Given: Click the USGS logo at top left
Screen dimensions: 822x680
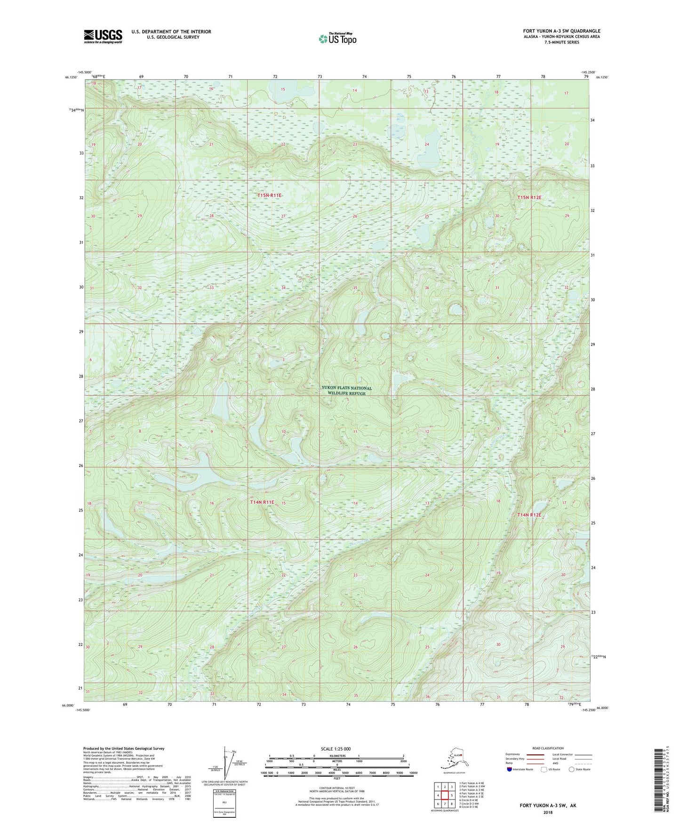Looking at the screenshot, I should (x=103, y=36).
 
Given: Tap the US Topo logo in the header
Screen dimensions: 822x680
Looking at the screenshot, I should (x=337, y=38).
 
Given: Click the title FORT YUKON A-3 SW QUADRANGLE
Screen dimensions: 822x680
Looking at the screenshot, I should (x=561, y=31).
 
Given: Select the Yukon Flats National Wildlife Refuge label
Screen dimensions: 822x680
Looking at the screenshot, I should (x=346, y=391).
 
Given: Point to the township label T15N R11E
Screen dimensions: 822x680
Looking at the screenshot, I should (x=269, y=195).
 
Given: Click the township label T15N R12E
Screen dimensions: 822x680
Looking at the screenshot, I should (x=529, y=198).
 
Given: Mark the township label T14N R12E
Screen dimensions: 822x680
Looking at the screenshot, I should (x=529, y=515).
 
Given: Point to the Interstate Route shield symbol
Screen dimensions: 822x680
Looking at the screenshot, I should (x=510, y=769).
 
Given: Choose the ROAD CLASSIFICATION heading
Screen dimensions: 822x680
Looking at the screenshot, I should (x=548, y=748).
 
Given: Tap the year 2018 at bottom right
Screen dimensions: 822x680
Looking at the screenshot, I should (x=547, y=812).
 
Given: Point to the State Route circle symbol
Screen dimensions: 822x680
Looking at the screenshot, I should (x=571, y=769).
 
